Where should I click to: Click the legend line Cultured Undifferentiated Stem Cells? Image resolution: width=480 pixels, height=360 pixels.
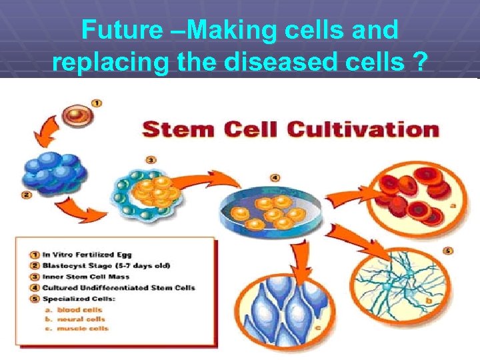pos(119,287)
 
